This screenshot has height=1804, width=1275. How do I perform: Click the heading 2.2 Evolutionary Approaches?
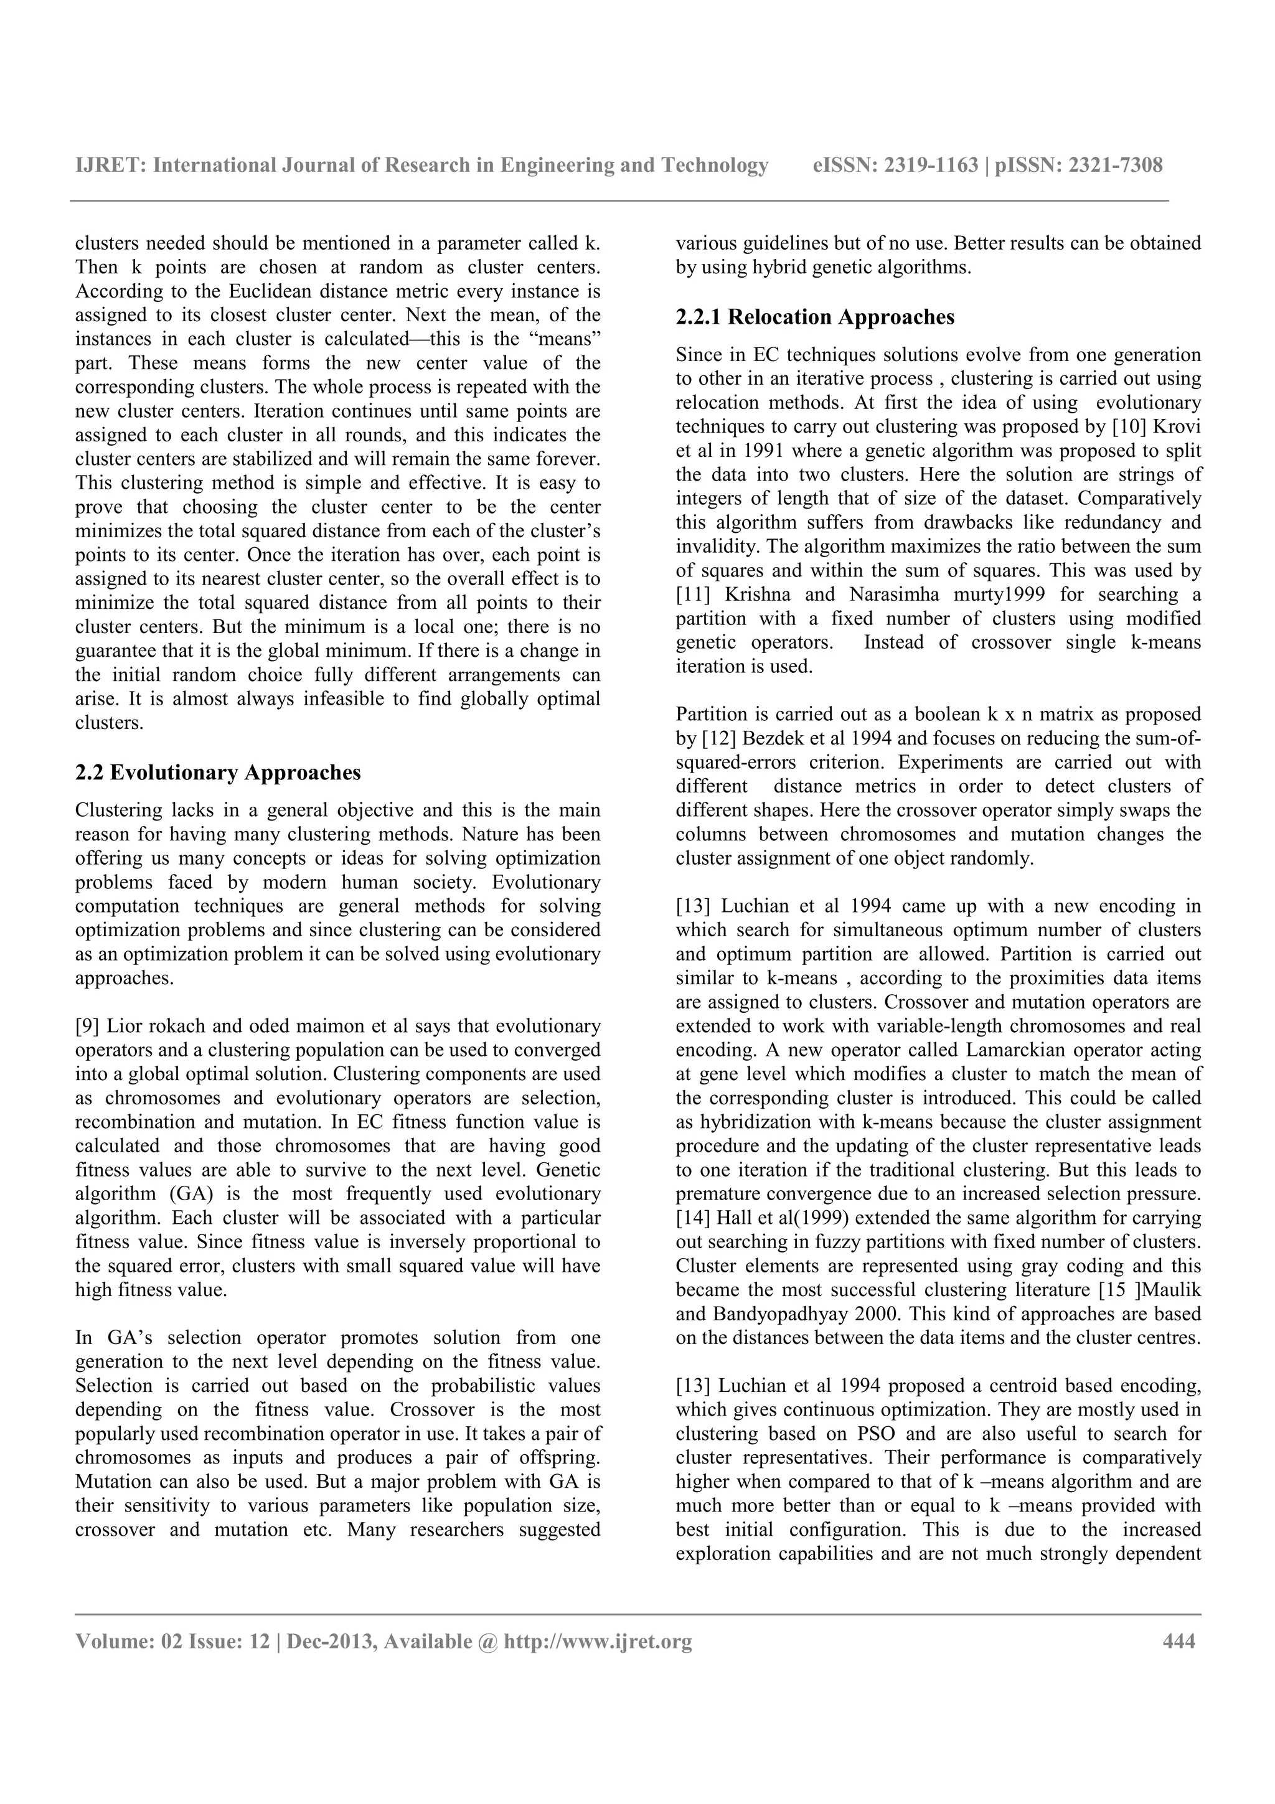click(218, 773)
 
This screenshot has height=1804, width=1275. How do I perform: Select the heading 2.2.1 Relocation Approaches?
click(815, 317)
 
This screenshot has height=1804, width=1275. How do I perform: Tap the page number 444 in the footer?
click(1179, 1642)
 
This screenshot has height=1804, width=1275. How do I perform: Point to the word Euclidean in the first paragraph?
click(268, 291)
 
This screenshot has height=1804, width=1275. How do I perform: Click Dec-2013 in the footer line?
click(328, 1642)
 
